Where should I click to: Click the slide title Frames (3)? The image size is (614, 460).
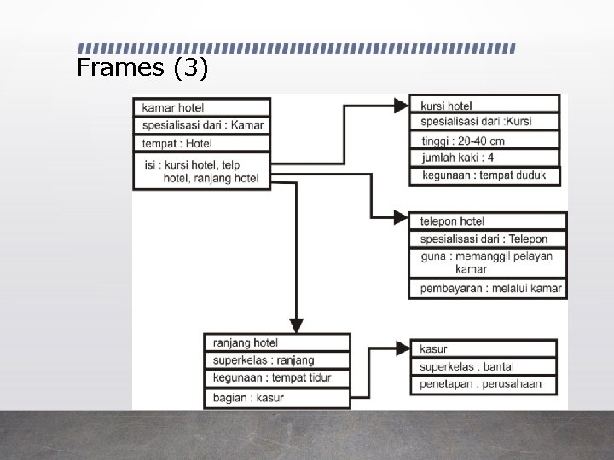[x=142, y=68]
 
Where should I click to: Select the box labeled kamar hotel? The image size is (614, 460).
[x=202, y=107]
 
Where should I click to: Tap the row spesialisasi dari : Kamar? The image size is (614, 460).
[x=202, y=125]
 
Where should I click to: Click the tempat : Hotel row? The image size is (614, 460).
[x=202, y=144]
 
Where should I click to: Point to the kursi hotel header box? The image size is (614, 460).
[x=484, y=106]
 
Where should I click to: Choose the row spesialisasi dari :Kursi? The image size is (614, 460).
[x=484, y=122]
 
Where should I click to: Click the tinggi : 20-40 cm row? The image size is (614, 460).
[x=484, y=141]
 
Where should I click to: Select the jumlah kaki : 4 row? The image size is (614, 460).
[x=484, y=158]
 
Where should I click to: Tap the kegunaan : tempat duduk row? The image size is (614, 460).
[x=484, y=175]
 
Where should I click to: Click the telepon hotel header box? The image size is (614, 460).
[x=487, y=221]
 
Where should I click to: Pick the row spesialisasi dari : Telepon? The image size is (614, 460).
[x=487, y=239]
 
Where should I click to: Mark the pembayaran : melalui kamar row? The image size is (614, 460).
[x=487, y=289]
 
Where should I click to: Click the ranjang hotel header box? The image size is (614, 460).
[x=277, y=342]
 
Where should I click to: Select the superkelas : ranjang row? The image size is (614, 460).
[x=277, y=360]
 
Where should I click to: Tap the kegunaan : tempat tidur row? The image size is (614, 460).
[x=277, y=377]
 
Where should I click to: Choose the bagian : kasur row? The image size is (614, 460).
[x=277, y=398]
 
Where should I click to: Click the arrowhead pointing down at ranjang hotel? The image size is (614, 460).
[x=296, y=325]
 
